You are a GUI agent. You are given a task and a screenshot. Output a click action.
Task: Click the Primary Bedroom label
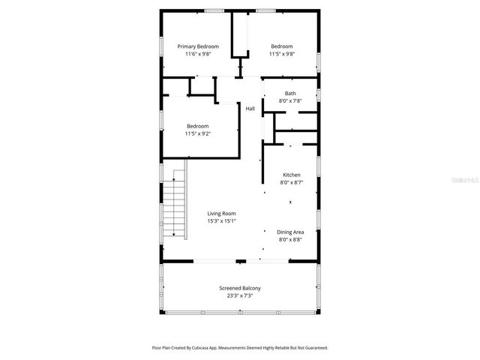pos(198,46)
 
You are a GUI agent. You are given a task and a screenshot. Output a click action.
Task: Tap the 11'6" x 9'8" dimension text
pos(198,54)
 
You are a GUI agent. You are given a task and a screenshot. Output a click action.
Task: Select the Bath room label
pos(289,93)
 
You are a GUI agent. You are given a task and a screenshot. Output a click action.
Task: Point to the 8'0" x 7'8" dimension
pos(289,100)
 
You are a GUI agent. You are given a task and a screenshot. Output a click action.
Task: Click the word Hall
pos(250,109)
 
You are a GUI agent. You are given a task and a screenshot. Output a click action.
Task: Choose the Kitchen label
pos(290,175)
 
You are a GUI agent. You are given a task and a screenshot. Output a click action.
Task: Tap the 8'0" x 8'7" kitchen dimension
pos(290,182)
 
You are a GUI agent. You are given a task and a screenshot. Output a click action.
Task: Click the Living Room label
pos(221,214)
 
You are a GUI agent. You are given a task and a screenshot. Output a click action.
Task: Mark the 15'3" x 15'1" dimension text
pos(221,221)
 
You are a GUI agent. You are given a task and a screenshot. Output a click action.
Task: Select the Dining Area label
pos(290,232)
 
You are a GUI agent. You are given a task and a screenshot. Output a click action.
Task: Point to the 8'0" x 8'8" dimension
pos(290,240)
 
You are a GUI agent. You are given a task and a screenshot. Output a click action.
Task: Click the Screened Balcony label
pos(240,288)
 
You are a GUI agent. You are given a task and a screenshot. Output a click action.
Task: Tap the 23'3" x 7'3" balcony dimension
pos(240,295)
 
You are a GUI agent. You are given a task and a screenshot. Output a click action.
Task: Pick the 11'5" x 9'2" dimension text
pos(198,133)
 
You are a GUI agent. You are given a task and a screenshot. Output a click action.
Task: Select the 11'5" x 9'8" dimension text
pos(282,54)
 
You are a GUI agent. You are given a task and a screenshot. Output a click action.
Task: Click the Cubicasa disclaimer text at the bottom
pos(240,348)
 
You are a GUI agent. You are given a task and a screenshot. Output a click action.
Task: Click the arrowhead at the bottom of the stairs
pos(174,235)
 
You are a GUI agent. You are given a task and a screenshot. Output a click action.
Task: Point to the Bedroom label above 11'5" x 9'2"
pos(198,126)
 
